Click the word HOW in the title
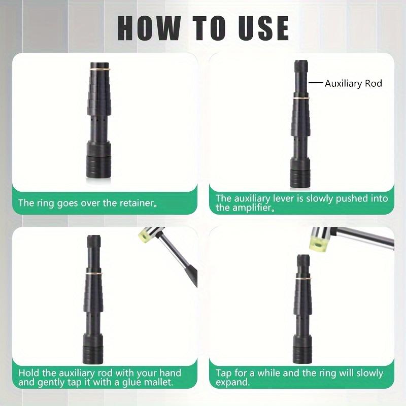[149, 28]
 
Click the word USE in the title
[263, 28]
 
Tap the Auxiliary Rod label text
[353, 83]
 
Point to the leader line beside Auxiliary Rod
[316, 83]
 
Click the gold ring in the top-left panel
[100, 69]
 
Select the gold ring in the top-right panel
[301, 98]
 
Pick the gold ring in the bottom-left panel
[94, 273]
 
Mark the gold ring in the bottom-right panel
[303, 278]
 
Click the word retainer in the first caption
[138, 202]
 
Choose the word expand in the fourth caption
[232, 383]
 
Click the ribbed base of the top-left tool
[98, 167]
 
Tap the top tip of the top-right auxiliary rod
[301, 61]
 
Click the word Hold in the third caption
[29, 373]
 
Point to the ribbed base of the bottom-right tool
[303, 354]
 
